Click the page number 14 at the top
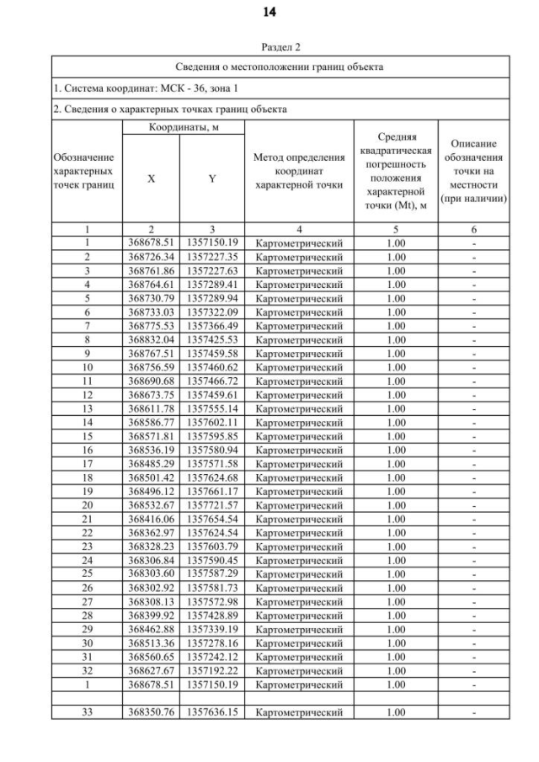click(x=269, y=12)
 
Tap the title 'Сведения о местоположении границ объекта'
click(x=280, y=67)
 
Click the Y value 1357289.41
click(x=211, y=285)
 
